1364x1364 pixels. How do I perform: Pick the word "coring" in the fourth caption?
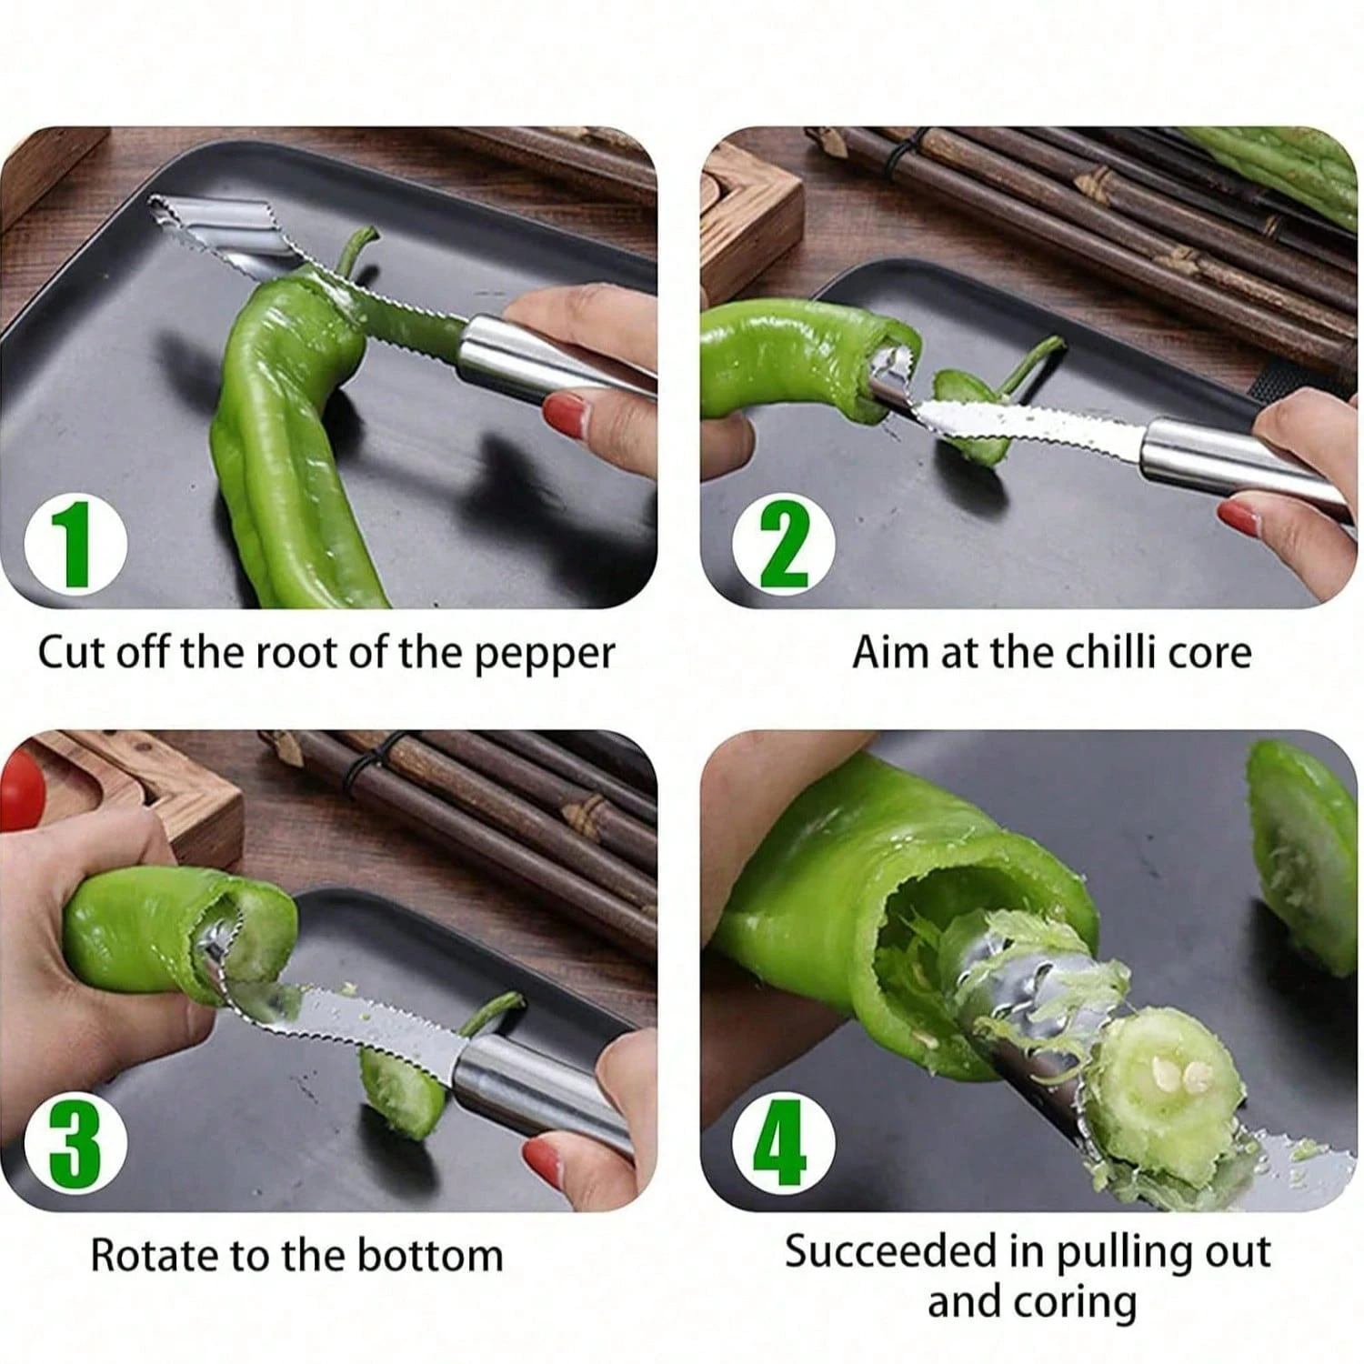coord(1078,1302)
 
